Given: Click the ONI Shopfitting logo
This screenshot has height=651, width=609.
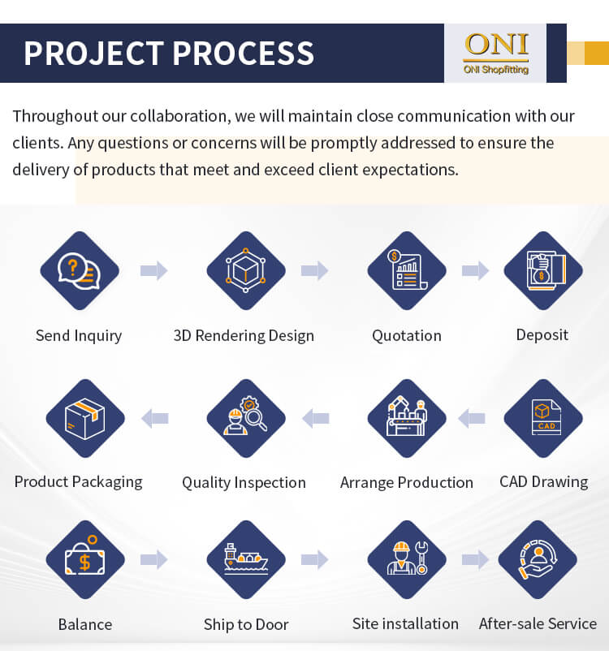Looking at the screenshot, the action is (x=496, y=53).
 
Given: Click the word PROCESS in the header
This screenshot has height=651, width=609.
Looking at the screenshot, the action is (x=243, y=53).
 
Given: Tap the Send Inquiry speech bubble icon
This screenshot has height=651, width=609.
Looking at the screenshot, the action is (x=80, y=270).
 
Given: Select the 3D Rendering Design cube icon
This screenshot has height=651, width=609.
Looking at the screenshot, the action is (x=246, y=270).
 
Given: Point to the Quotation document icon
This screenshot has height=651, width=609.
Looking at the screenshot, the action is (x=407, y=270).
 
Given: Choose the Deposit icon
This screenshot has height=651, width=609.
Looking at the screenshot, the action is (x=543, y=270).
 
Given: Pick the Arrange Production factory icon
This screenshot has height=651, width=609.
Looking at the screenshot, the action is (x=407, y=418).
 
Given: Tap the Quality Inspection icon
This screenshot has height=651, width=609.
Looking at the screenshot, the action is (x=246, y=418).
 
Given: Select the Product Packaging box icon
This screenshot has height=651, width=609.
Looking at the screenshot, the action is (x=85, y=418).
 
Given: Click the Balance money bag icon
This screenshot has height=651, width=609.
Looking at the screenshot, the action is (x=85, y=559).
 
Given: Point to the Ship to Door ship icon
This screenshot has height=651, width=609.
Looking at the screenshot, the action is (x=246, y=559).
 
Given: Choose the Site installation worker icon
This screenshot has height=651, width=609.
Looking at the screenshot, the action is (x=407, y=559).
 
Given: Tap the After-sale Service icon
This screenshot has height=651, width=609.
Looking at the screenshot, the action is (x=538, y=559).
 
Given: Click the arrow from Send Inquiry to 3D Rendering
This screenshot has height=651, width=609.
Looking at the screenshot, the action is (x=153, y=270).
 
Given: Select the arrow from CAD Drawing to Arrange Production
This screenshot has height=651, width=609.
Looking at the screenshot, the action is (x=472, y=418).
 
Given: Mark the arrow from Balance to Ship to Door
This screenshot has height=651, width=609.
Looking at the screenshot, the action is (x=153, y=559).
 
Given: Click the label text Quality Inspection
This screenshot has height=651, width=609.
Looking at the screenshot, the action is (x=244, y=483).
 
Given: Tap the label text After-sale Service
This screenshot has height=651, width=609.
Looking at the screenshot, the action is (x=538, y=623).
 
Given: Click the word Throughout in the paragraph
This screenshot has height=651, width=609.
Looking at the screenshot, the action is (x=55, y=116).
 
